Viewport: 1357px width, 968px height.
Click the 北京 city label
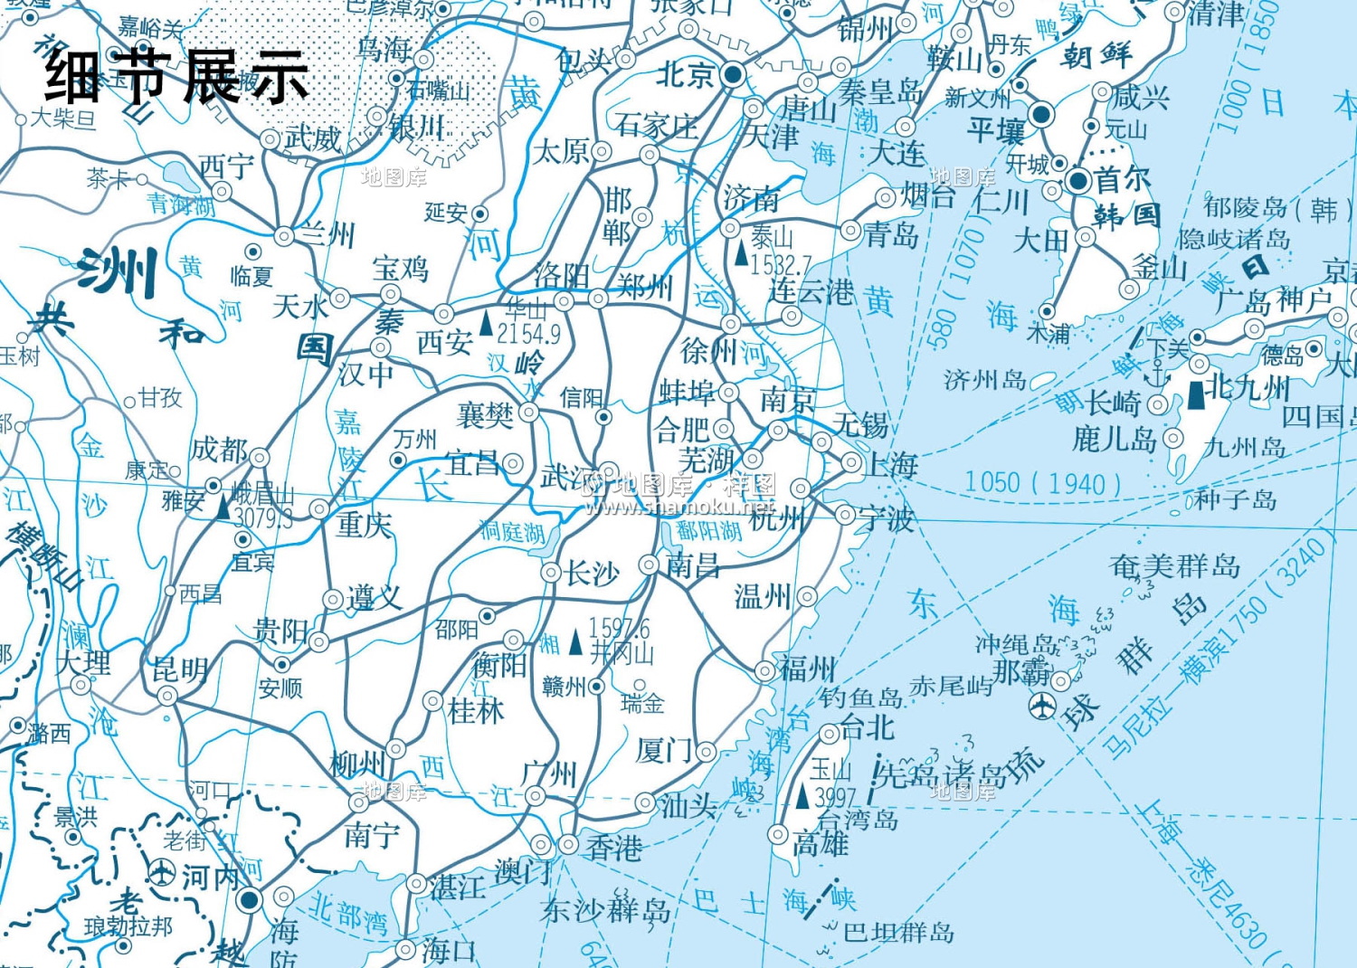(686, 74)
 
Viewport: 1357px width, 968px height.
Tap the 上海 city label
(892, 465)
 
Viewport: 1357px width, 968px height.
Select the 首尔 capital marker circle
(1077, 181)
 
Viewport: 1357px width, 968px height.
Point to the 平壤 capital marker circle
(1041, 115)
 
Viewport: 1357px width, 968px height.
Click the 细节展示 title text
(177, 77)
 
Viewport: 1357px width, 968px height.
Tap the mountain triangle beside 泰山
(742, 254)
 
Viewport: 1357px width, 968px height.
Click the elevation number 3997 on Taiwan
(833, 797)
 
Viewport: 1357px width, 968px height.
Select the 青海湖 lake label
(181, 204)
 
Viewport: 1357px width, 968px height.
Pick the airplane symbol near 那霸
(1043, 707)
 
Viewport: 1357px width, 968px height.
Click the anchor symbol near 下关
(1157, 372)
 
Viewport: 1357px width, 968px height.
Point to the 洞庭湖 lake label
(511, 532)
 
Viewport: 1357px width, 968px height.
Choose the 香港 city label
(614, 848)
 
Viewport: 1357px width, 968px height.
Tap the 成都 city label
(218, 450)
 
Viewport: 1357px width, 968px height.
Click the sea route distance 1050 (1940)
(1042, 483)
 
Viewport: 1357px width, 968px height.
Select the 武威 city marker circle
(270, 139)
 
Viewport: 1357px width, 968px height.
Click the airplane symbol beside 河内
(162, 874)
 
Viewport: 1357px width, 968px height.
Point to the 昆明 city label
(180, 669)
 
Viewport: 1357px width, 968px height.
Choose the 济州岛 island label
(984, 380)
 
